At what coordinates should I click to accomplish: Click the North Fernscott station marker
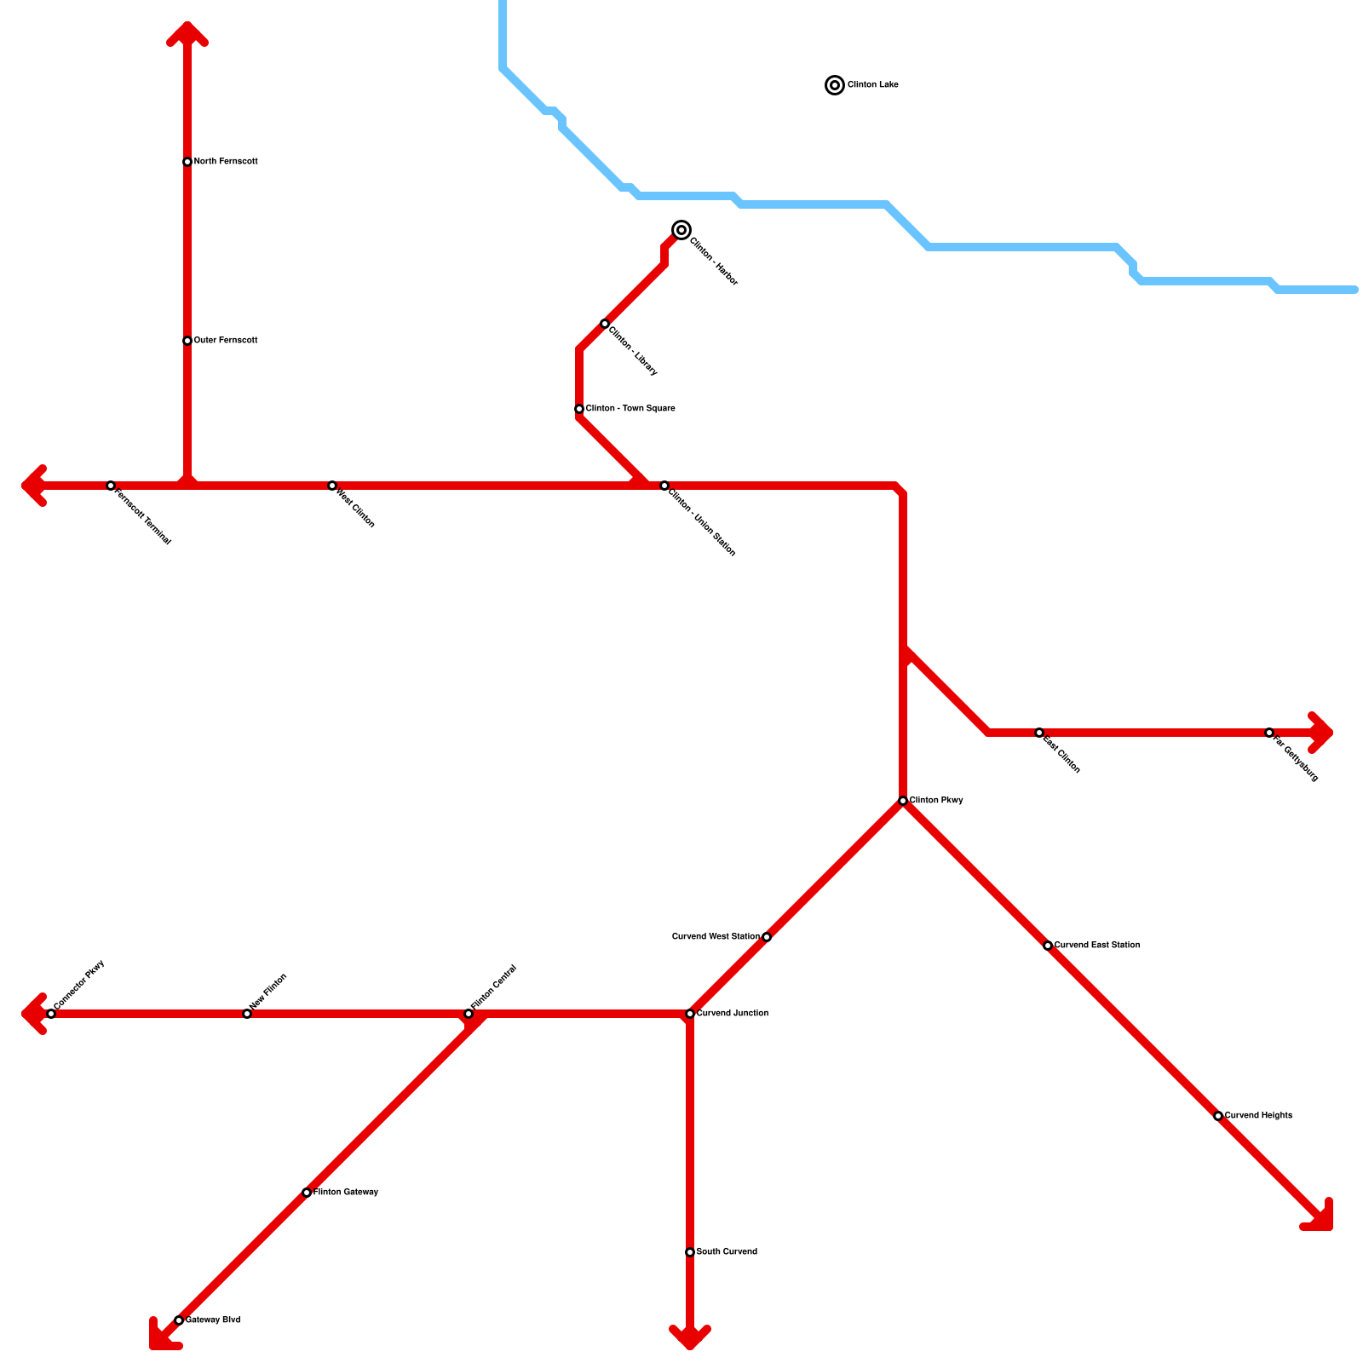click(x=187, y=162)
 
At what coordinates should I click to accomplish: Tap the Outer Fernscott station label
click(x=226, y=341)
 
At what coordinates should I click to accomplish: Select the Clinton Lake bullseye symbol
click(x=835, y=85)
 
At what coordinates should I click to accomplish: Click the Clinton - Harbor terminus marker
click(x=681, y=230)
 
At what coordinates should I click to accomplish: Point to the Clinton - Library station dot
click(x=605, y=324)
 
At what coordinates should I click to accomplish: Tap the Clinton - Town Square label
click(x=630, y=409)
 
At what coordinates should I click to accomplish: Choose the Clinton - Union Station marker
click(x=664, y=486)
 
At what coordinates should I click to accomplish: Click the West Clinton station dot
click(x=332, y=486)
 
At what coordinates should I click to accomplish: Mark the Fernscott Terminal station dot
click(x=111, y=486)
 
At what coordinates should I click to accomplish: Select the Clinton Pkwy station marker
click(x=903, y=801)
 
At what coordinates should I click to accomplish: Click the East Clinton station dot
click(x=1039, y=733)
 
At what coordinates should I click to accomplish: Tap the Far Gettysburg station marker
click(x=1269, y=733)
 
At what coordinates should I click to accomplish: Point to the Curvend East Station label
click(x=1096, y=946)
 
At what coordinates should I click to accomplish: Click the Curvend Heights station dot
click(x=1218, y=1116)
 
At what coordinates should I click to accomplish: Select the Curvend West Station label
click(x=716, y=937)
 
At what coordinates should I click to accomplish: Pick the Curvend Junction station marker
click(x=690, y=1014)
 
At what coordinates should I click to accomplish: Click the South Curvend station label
click(x=727, y=1252)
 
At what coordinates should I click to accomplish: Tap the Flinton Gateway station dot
click(x=307, y=1193)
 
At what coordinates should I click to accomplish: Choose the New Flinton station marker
click(x=247, y=1014)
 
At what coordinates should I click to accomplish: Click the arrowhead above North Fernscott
click(x=187, y=32)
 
